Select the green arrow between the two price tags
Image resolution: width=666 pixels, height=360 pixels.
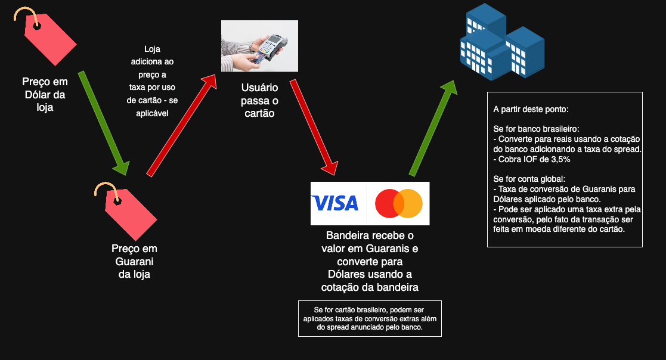point(103,123)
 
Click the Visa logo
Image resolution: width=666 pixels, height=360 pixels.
point(335,203)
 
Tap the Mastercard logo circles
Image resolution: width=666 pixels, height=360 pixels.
point(399,203)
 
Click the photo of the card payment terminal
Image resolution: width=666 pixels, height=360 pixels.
point(259,46)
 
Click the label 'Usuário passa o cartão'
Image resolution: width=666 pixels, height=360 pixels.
point(259,100)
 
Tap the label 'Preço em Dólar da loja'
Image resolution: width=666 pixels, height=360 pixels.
point(45,94)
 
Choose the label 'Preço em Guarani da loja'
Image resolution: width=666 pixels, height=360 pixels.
point(134,261)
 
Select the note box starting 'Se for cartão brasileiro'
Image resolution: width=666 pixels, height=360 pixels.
point(370,319)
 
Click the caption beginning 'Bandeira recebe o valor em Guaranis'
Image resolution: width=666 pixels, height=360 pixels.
point(370,261)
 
